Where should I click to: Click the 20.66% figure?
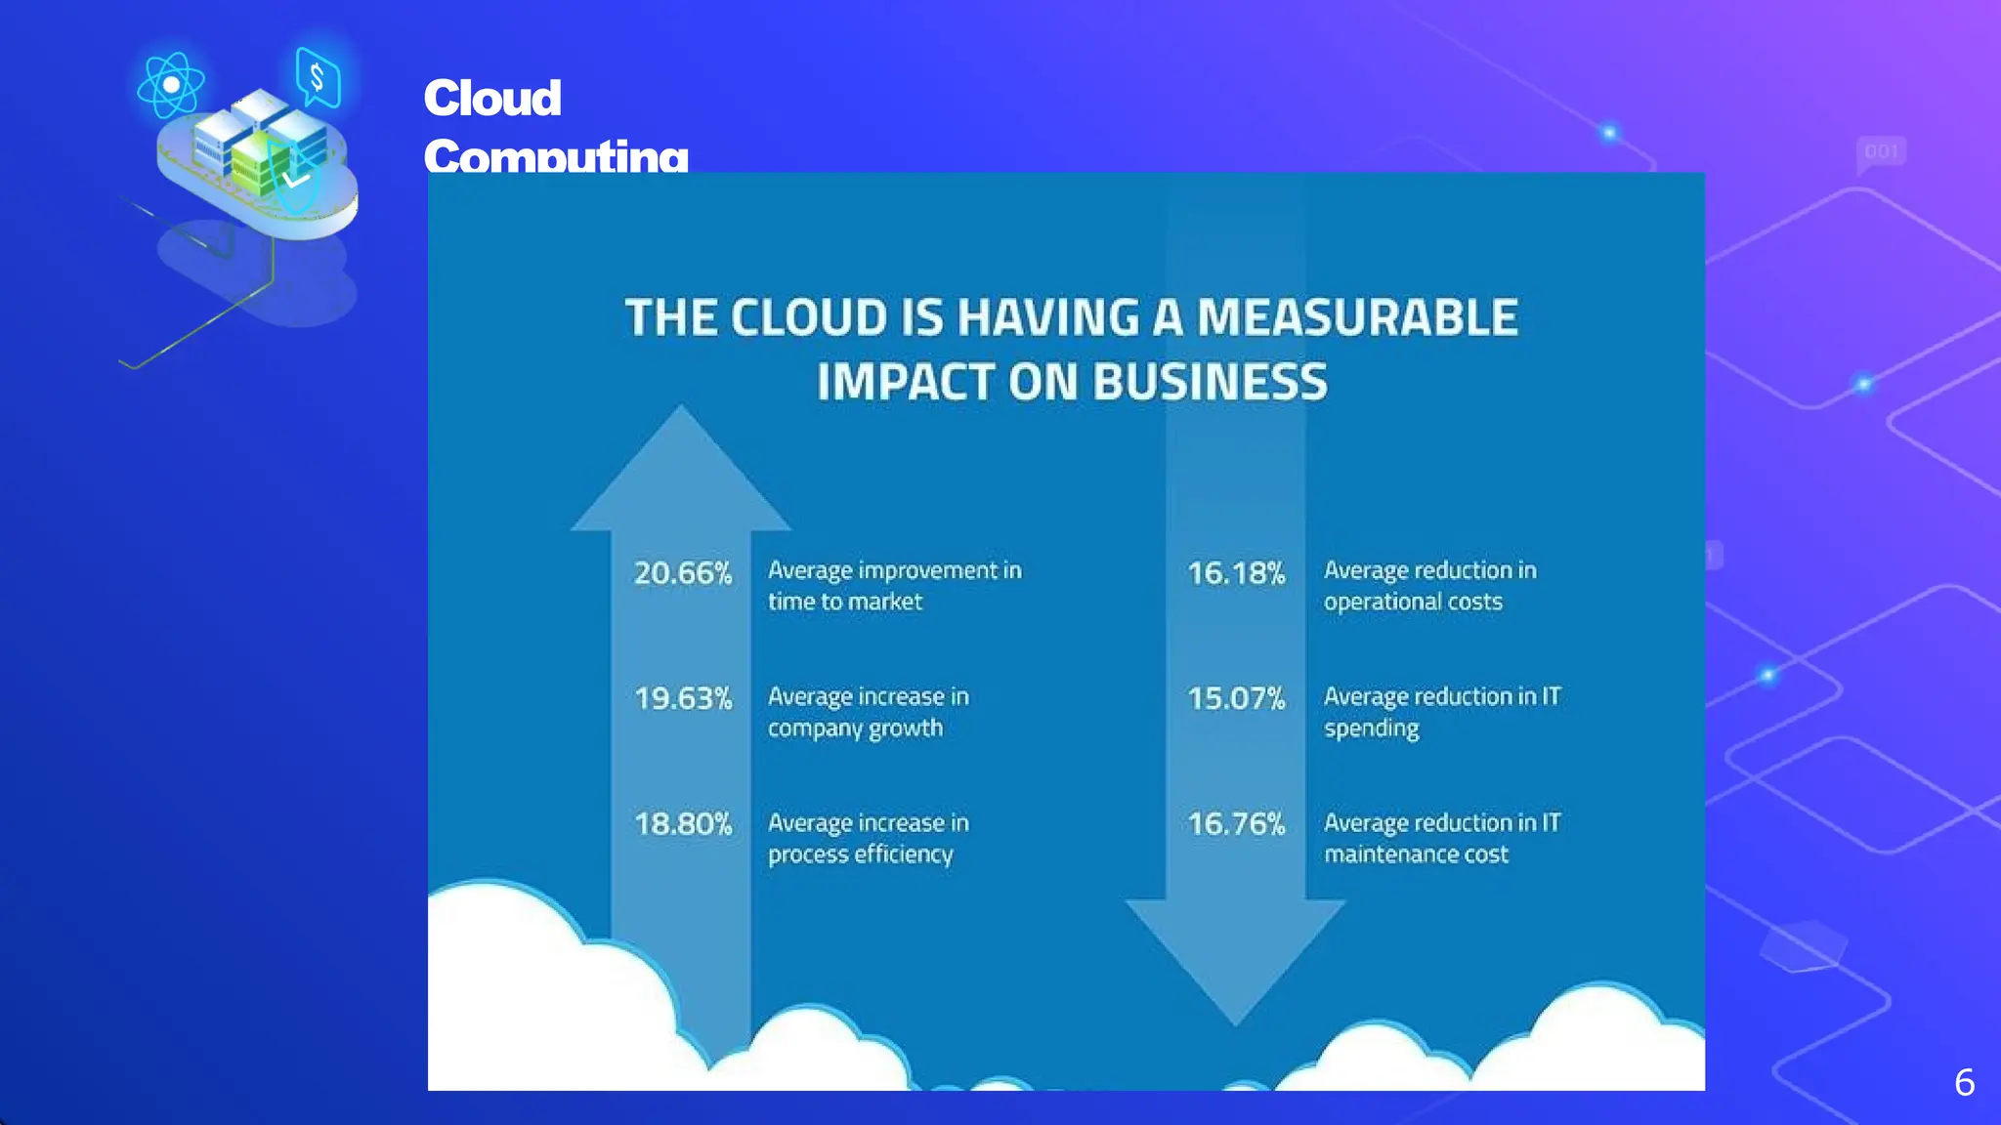[x=682, y=572]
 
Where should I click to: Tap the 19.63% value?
[x=682, y=698]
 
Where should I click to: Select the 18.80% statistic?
[x=682, y=824]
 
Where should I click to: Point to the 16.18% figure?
[x=1236, y=572]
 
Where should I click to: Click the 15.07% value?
[x=1236, y=698]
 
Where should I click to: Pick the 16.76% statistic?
[x=1236, y=824]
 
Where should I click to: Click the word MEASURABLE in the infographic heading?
[x=1357, y=318]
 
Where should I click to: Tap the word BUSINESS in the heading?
[x=1211, y=382]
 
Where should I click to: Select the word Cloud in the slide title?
[x=492, y=98]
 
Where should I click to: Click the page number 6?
[x=1964, y=1082]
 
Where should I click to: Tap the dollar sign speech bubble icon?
[x=318, y=76]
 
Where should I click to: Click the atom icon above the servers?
[x=171, y=85]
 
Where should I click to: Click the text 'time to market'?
[x=844, y=602]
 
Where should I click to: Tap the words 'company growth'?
[x=855, y=729]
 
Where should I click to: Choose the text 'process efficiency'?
[x=860, y=854]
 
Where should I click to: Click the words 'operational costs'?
[x=1413, y=602]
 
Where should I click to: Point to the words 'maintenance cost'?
[x=1416, y=854]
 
